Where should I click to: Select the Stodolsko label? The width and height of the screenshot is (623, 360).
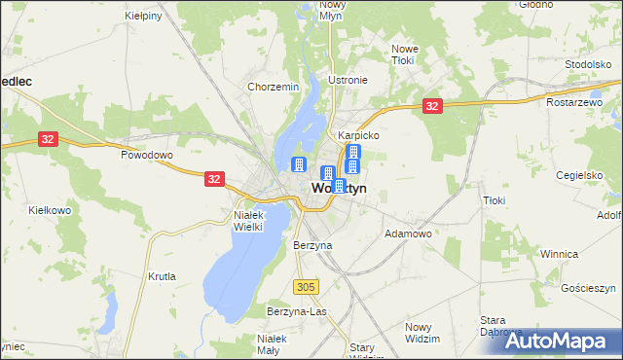click(x=587, y=64)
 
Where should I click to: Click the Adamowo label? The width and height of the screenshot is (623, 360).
click(x=409, y=234)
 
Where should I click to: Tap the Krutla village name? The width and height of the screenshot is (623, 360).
click(x=163, y=276)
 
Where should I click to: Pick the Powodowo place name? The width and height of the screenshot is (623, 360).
click(x=146, y=155)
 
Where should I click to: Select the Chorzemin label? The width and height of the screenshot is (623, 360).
click(x=273, y=87)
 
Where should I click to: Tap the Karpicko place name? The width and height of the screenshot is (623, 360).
click(x=358, y=136)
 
